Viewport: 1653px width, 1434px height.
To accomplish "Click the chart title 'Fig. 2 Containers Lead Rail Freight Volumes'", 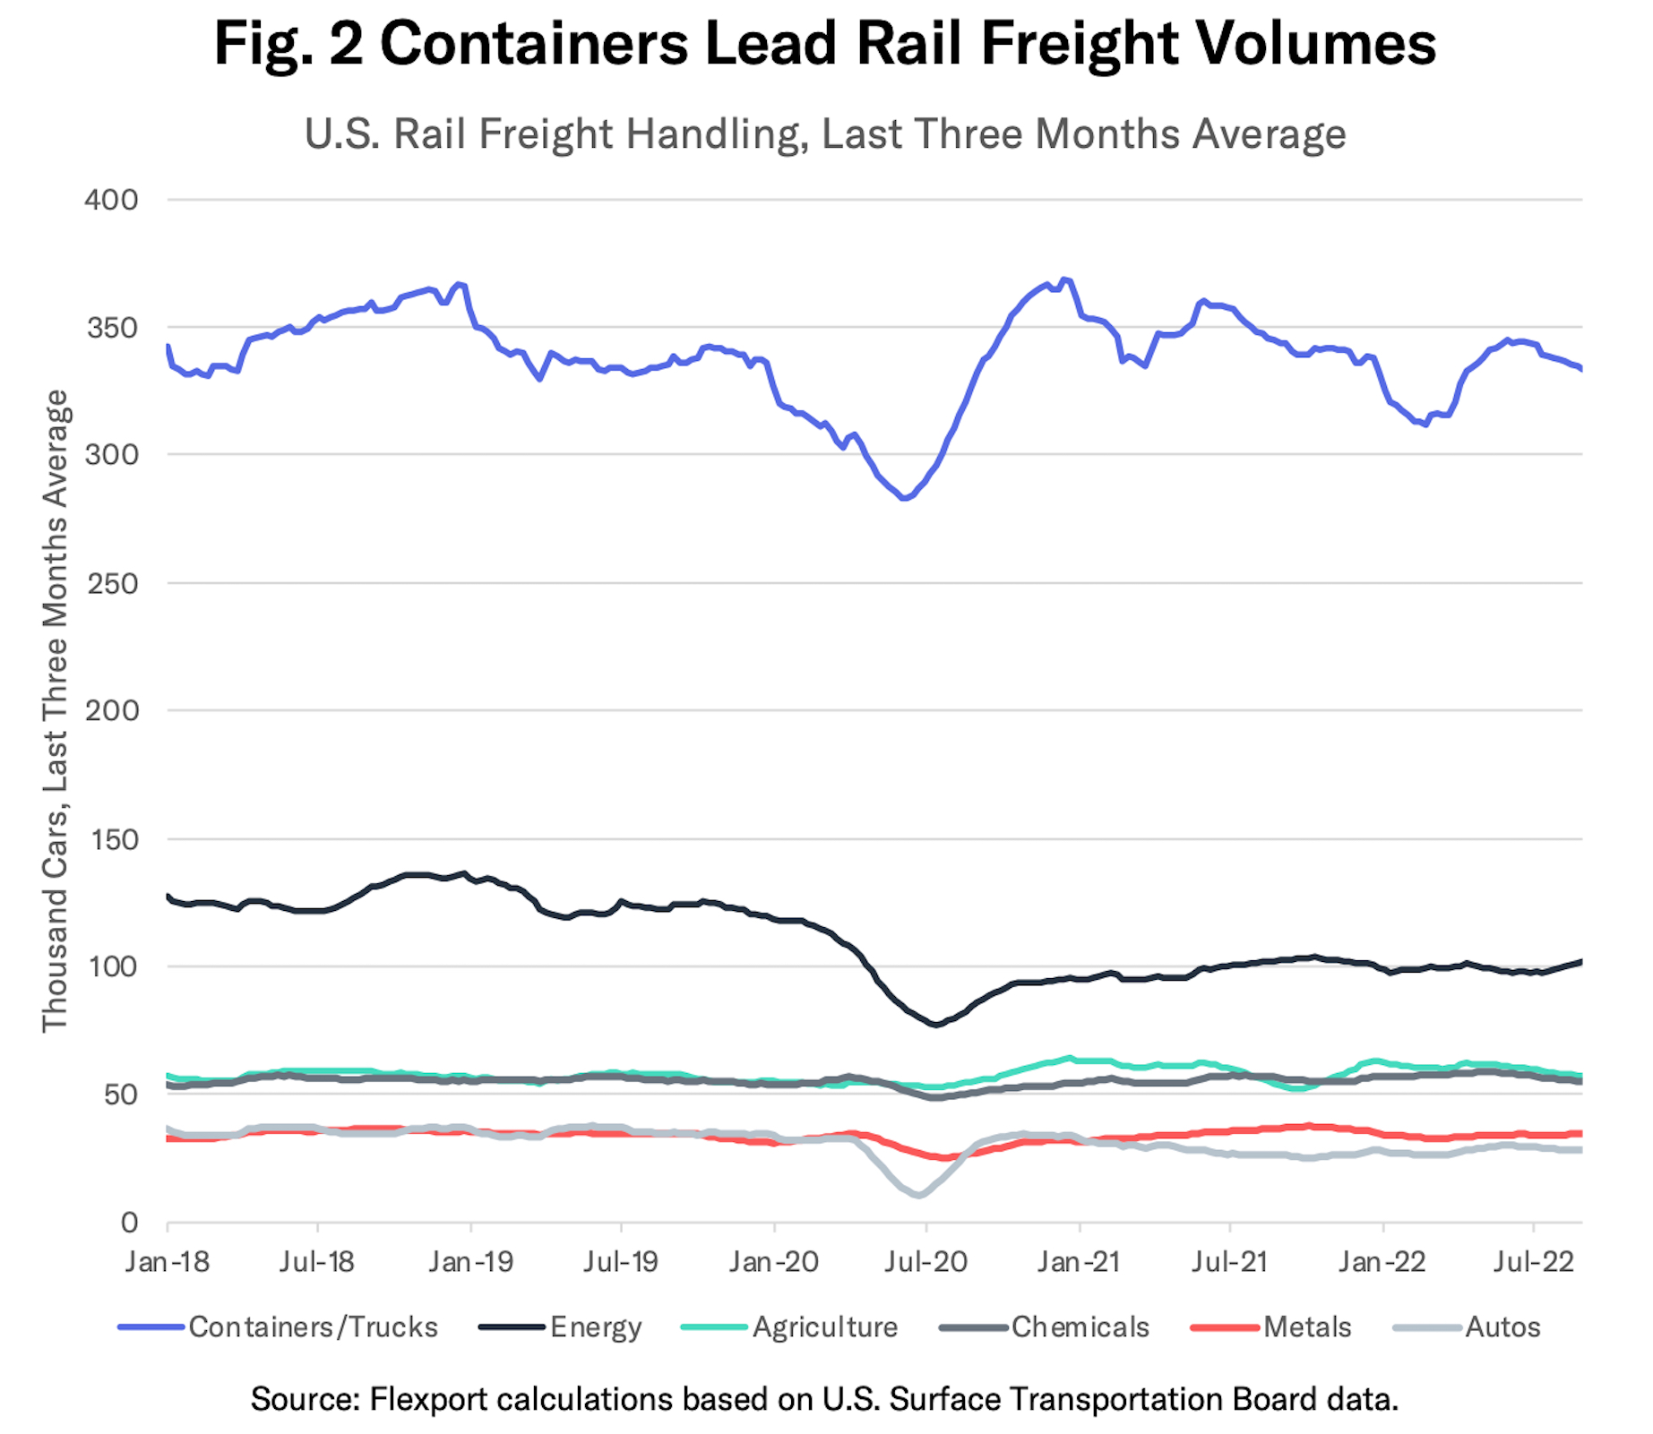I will tap(824, 43).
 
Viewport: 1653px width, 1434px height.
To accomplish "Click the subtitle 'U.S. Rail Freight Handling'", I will tap(824, 134).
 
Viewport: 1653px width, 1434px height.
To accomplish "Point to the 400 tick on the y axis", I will tap(112, 200).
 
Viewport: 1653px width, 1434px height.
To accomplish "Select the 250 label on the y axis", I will tap(112, 584).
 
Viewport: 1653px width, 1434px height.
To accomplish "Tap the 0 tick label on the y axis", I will tap(129, 1223).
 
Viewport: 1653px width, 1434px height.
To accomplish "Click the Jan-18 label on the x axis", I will tap(168, 1262).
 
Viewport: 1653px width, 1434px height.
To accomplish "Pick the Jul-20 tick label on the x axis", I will tap(926, 1262).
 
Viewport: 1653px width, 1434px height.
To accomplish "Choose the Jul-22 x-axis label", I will tap(1534, 1262).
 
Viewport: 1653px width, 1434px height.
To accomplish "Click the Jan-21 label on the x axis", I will tap(1079, 1262).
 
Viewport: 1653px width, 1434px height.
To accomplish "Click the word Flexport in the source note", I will tap(428, 1398).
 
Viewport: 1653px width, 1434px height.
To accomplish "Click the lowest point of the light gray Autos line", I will tap(917, 1196).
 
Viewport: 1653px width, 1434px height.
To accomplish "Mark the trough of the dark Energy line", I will tap(936, 1024).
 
